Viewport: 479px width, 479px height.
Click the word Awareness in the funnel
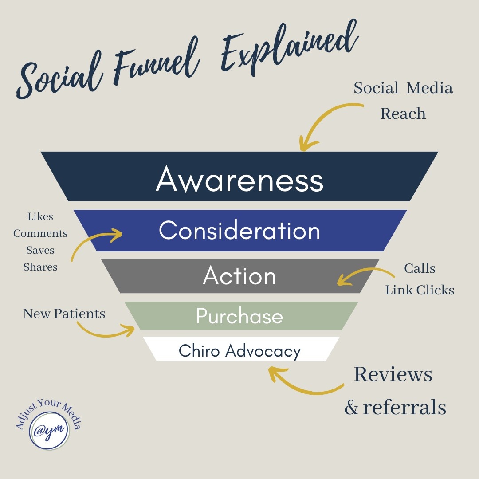tap(239, 180)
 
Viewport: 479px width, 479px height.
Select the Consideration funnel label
tap(239, 231)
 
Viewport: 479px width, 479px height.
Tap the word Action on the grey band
tap(239, 276)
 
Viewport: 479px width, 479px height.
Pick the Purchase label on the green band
tap(239, 316)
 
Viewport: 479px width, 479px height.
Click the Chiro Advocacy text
tap(239, 351)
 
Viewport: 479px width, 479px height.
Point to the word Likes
tap(40, 216)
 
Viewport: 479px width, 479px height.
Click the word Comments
tap(40, 233)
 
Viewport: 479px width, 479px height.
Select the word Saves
tap(40, 250)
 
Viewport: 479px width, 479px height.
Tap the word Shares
tap(40, 267)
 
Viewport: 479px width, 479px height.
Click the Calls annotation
tap(420, 268)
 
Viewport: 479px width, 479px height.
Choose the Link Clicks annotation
tap(420, 290)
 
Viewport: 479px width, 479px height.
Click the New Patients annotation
tap(64, 314)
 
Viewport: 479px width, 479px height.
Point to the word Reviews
tap(393, 375)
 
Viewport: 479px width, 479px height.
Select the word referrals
tap(404, 407)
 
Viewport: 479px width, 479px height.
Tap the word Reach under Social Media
tap(403, 114)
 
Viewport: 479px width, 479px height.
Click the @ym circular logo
tap(49, 429)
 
